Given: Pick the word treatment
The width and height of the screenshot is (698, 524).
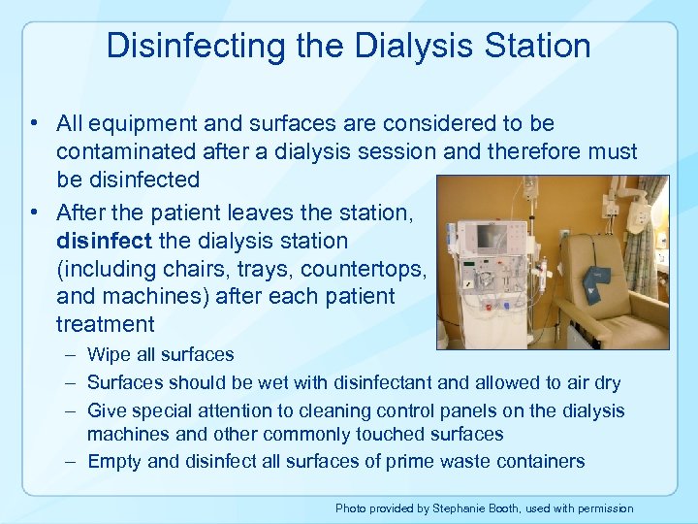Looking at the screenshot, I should tap(105, 324).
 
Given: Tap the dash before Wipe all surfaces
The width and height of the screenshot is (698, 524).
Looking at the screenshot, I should tap(73, 355).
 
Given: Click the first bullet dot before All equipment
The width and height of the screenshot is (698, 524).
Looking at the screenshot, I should tap(34, 124).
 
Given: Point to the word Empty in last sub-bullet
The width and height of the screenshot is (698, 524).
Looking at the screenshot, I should tap(113, 461).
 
